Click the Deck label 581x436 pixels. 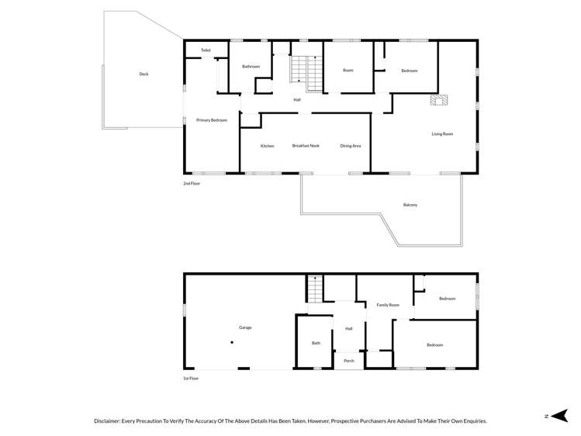[144, 74]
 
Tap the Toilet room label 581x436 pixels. [206, 50]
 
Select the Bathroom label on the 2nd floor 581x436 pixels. [251, 67]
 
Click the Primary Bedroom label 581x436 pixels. [211, 120]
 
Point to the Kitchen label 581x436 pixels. [267, 146]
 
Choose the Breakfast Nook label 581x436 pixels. [306, 146]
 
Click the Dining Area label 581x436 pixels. [351, 146]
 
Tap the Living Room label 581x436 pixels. [442, 134]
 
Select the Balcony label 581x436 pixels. [410, 205]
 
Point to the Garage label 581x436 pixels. [244, 327]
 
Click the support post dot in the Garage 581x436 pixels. [231, 342]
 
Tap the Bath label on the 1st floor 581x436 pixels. [316, 343]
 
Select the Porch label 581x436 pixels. [349, 361]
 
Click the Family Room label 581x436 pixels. [388, 305]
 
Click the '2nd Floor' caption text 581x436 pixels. [192, 184]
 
